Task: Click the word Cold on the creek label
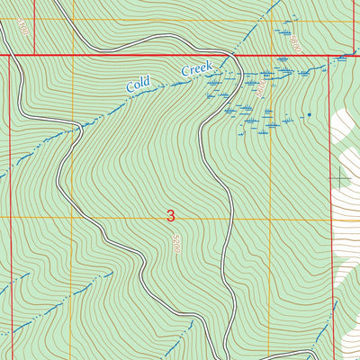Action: pos(138,84)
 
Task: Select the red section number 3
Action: pos(171,216)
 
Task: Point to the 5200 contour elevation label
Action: pos(177,243)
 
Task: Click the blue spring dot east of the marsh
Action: pos(309,114)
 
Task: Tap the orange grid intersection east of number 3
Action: pos(270,218)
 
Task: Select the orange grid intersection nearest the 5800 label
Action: pos(270,21)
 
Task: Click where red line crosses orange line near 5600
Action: pos(270,56)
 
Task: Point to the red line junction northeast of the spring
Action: pos(330,56)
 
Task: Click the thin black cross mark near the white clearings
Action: pos(339,178)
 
